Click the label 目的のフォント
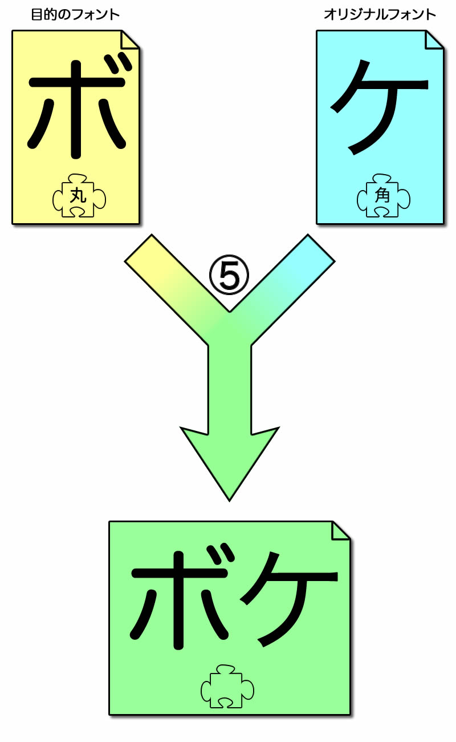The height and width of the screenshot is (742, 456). point(75,15)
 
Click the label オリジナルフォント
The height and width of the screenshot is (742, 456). point(380,15)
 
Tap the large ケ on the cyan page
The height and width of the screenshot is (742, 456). point(380,107)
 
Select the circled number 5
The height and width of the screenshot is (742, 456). point(229,275)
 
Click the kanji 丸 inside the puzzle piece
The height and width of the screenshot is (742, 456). point(79,195)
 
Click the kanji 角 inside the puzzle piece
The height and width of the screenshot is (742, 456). point(382,195)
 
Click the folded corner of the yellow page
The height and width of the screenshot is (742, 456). point(130,40)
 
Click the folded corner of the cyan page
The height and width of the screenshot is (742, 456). point(434,40)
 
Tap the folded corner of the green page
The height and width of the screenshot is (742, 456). point(341,531)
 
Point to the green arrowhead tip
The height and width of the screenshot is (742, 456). point(229,500)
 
